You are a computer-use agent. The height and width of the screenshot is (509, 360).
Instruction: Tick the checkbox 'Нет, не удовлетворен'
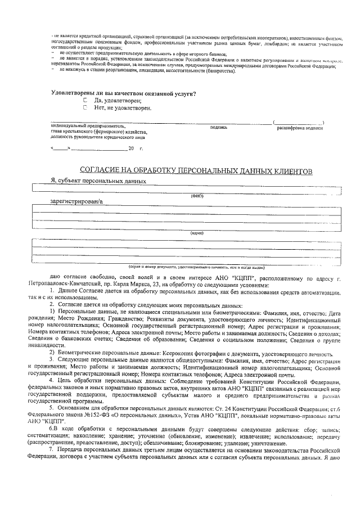tap(85, 107)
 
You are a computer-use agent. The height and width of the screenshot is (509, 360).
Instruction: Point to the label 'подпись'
tap(218, 127)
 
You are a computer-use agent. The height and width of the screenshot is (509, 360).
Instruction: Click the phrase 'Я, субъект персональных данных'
tap(98, 181)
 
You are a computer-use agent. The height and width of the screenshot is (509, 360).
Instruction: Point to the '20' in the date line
tap(132, 148)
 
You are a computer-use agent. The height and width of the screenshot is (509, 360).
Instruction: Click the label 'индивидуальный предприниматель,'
tap(88, 127)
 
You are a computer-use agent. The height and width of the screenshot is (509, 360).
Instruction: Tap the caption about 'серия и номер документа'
tap(196, 267)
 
